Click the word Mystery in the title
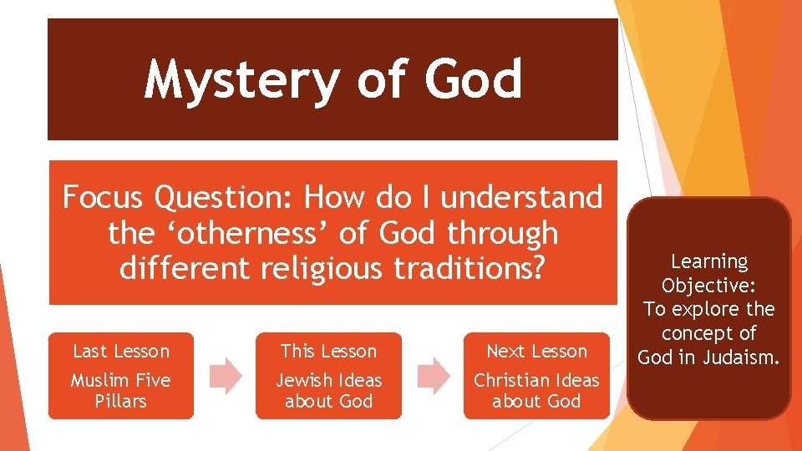[241, 80]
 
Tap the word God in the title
[473, 80]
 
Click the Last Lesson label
[121, 351]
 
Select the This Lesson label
[328, 351]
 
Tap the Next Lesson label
[536, 351]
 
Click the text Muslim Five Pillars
[121, 390]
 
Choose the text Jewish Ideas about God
[328, 390]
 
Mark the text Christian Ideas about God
[536, 390]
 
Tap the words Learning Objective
[709, 273]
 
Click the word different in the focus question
[183, 268]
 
